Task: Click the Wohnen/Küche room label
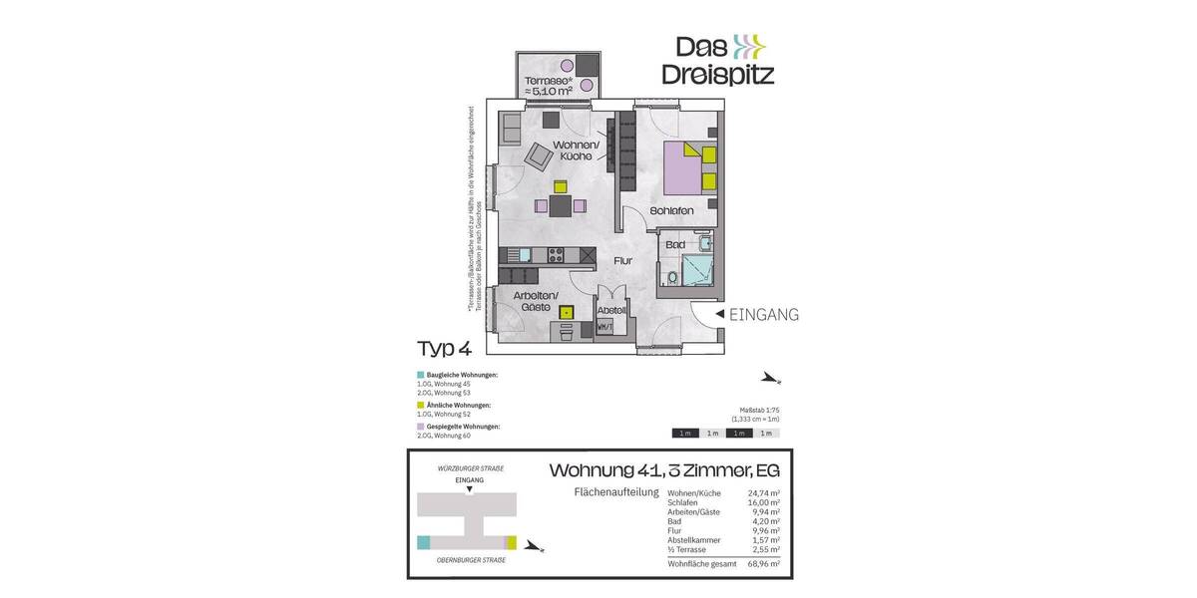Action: point(578,149)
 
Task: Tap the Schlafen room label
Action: point(671,211)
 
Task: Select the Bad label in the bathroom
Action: point(675,244)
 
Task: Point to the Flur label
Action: point(623,261)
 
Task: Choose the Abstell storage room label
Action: point(610,310)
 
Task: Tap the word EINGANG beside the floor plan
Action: point(765,315)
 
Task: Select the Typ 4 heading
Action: point(444,348)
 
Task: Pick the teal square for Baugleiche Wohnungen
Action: point(420,375)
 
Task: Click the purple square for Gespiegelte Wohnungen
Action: point(420,427)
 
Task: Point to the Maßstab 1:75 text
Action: point(757,410)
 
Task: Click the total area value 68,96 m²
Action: point(763,564)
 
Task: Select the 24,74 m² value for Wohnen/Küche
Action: point(763,493)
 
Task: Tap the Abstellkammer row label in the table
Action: point(692,540)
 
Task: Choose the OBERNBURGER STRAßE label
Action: point(471,560)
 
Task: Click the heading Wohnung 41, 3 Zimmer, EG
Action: point(664,469)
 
